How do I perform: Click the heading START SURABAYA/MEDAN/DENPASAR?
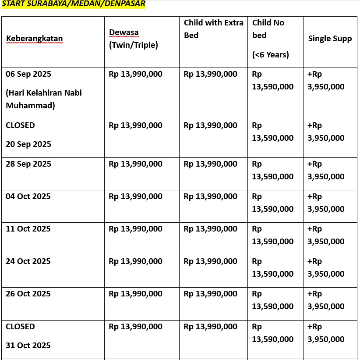[x=73, y=4]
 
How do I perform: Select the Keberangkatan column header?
[x=34, y=39]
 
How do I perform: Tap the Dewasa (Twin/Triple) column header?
[x=133, y=39]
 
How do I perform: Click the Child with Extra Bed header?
[x=213, y=29]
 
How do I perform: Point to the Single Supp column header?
[x=330, y=39]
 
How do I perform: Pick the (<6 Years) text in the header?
[x=271, y=55]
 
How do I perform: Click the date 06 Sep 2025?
[x=28, y=74]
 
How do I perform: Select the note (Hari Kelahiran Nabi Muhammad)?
[x=44, y=99]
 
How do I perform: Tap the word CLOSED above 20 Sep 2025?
[x=20, y=125]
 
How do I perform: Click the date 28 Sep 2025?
[x=28, y=164]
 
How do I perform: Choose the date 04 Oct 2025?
[x=28, y=196]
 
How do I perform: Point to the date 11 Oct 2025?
[x=28, y=229]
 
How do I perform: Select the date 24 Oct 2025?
[x=28, y=261]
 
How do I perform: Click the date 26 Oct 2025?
[x=28, y=294]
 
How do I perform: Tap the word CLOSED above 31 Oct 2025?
[x=20, y=327]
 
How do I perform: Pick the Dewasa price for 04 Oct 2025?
[x=135, y=196]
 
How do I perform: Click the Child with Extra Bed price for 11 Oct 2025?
[x=211, y=229]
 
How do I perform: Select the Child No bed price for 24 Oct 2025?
[x=272, y=268]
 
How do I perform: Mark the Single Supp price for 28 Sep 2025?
[x=326, y=171]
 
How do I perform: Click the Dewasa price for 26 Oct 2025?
[x=135, y=294]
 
